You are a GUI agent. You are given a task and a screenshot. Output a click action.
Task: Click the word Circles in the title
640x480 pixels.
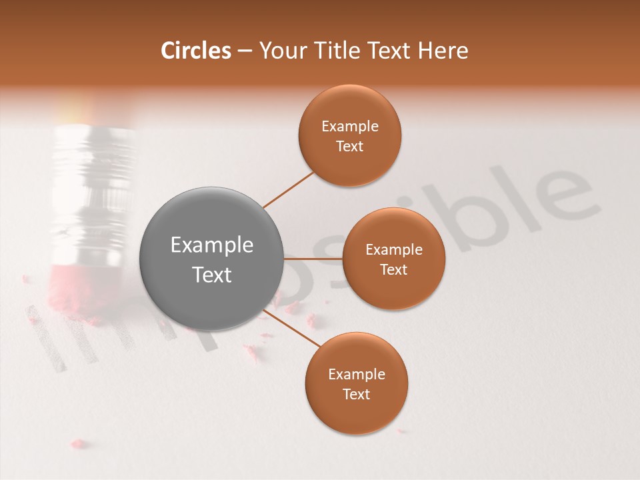click(195, 51)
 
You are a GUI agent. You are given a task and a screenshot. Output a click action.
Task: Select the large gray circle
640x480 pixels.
click(211, 259)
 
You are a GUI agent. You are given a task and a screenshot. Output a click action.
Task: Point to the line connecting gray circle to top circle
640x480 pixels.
click(289, 189)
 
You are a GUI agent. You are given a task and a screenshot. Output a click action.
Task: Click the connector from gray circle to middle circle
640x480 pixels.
click(313, 258)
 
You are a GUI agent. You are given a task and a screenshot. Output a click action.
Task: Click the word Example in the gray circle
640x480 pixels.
click(211, 245)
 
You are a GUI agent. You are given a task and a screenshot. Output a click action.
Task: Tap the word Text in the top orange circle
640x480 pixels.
click(350, 147)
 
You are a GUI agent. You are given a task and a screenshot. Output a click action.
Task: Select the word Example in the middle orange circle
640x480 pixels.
click(393, 250)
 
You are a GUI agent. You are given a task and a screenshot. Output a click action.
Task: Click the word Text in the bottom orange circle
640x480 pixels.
click(356, 395)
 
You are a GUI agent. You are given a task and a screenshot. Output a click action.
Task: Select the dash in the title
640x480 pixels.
click(245, 51)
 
